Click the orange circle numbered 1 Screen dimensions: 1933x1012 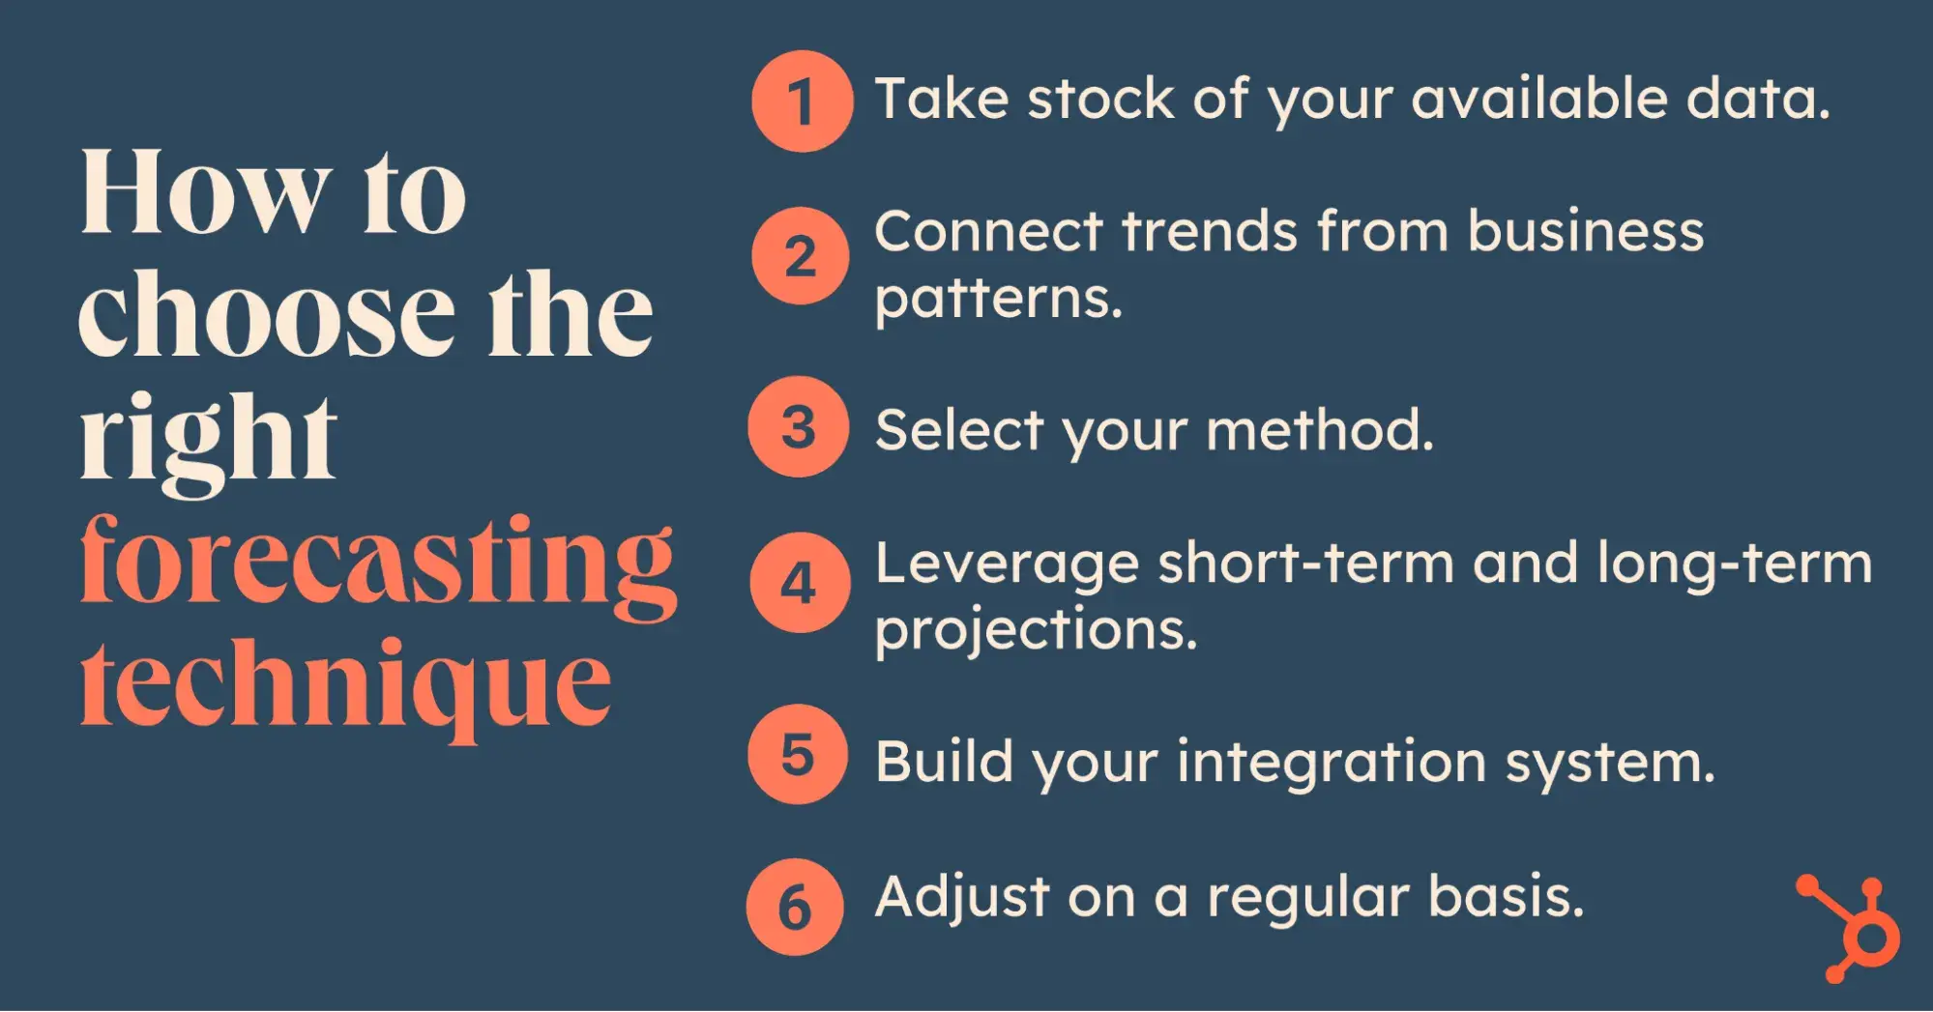(x=802, y=101)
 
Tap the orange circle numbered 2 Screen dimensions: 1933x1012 (x=800, y=256)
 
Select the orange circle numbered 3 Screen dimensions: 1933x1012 (x=798, y=426)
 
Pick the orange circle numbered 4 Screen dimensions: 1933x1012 (x=800, y=583)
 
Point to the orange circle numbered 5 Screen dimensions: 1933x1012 (x=798, y=754)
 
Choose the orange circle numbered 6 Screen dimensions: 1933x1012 (x=795, y=907)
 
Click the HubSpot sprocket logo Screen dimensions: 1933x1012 (x=1849, y=929)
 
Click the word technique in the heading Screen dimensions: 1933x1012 (x=346, y=686)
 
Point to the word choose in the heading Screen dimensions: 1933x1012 (x=266, y=314)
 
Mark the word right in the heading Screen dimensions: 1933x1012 (x=209, y=442)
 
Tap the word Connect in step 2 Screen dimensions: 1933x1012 (x=988, y=232)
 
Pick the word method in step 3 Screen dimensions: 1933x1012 (x=1320, y=429)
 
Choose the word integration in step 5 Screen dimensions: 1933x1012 (x=1331, y=764)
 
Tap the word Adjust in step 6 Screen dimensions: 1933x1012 (x=962, y=898)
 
